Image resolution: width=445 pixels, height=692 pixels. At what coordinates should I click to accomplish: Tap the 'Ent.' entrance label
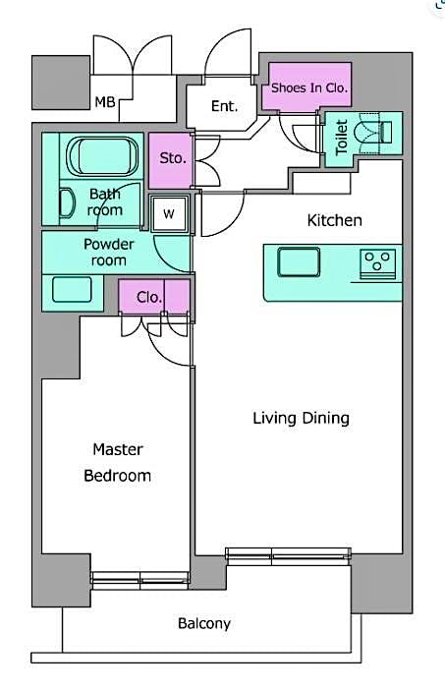[x=224, y=106]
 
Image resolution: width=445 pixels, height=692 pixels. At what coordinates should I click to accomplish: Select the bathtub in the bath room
[x=105, y=156]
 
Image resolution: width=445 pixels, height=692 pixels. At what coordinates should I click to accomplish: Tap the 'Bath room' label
[x=105, y=202]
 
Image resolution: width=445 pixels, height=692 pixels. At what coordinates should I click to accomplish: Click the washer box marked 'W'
[x=169, y=213]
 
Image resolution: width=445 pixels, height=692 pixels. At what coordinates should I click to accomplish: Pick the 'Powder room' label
[x=108, y=253]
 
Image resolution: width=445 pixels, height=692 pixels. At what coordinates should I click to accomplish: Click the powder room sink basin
[x=72, y=290]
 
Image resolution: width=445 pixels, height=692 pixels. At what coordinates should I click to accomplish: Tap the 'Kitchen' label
[x=335, y=220]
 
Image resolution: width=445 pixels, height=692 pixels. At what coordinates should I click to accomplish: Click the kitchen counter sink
[x=296, y=261]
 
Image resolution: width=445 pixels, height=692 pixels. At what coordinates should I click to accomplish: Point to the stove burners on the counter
[x=376, y=262]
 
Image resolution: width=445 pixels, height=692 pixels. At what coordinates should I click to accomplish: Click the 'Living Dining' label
[x=301, y=419]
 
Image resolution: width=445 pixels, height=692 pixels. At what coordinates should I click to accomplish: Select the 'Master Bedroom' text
[x=118, y=462]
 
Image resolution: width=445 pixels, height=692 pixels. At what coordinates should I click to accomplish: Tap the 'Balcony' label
[x=204, y=623]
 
